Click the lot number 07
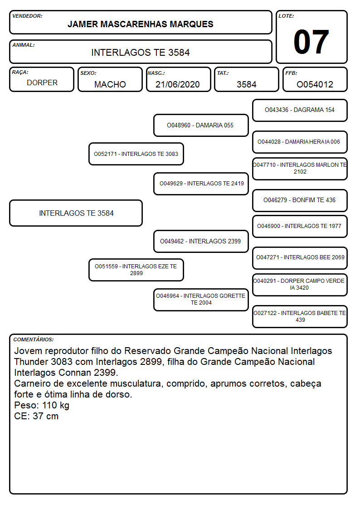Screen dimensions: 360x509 [x=311, y=42]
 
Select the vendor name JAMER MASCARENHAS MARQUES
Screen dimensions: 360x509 [x=140, y=24]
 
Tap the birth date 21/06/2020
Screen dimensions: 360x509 [x=178, y=84]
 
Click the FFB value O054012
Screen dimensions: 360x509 [x=315, y=84]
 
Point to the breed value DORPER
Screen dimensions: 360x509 [x=42, y=83]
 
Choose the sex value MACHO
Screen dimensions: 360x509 [x=110, y=84]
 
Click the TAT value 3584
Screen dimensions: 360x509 [x=246, y=84]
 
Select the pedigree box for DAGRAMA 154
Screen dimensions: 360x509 [x=300, y=111]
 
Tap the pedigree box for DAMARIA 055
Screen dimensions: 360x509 [x=201, y=125]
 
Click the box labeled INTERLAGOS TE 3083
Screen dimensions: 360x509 [x=136, y=154]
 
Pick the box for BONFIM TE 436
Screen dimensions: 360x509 [x=300, y=200]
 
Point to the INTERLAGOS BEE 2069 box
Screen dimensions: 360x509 [x=300, y=258]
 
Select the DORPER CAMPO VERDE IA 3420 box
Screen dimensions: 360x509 [x=300, y=285]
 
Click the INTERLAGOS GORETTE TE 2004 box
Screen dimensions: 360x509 [x=201, y=300]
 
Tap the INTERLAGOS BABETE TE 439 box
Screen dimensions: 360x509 [x=300, y=316]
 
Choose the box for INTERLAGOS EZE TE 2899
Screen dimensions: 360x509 [x=136, y=270]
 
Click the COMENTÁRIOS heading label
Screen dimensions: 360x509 [x=34, y=339]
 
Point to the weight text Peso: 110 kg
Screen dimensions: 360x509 [x=42, y=405]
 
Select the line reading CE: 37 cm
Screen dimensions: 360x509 [x=36, y=416]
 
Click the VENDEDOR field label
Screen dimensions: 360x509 [x=27, y=16]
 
